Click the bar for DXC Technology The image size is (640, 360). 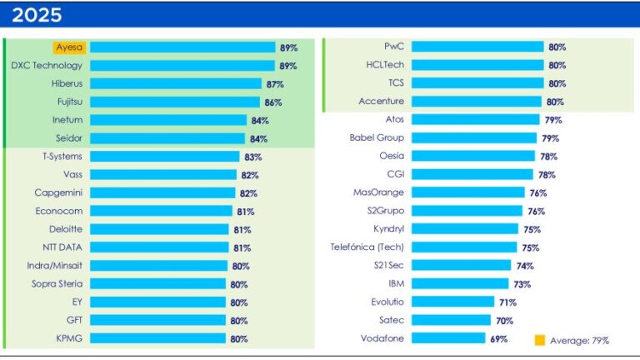(x=182, y=65)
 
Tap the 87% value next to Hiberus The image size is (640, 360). (x=274, y=84)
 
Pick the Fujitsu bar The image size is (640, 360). (x=177, y=102)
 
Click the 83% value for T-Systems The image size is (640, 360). (x=253, y=157)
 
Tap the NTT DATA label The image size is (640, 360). (x=62, y=247)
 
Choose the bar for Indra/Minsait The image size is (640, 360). (x=158, y=266)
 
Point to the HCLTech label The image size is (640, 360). (x=384, y=65)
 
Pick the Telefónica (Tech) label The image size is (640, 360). (x=367, y=247)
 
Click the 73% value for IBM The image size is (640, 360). (x=522, y=284)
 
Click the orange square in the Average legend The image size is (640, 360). (x=539, y=340)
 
